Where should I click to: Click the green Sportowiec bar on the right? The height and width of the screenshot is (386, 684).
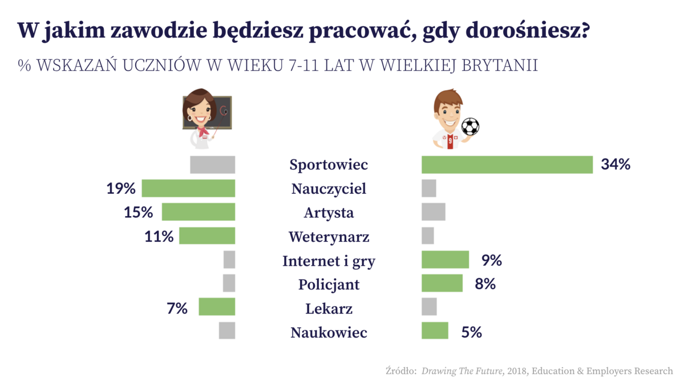507,165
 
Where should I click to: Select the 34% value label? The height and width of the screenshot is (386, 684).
615,165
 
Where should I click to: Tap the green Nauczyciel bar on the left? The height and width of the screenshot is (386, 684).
188,188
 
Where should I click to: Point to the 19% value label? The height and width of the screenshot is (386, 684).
121,188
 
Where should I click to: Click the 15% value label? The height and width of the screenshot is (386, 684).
139,212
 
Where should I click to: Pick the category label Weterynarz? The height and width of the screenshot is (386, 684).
329,237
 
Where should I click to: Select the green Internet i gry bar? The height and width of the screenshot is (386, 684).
445,260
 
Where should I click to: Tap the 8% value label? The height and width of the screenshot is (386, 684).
485,284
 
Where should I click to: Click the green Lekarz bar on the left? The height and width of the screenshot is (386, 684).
217,307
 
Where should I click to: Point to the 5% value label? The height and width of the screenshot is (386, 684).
471,332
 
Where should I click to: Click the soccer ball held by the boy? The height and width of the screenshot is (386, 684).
470,126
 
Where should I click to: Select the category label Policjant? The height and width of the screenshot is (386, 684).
329,284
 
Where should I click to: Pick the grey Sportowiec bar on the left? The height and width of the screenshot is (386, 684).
212,165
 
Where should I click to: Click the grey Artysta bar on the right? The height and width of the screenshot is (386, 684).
433,212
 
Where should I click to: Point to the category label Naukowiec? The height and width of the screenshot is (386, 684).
329,332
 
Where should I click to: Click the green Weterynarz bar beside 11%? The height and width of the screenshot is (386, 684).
207,236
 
